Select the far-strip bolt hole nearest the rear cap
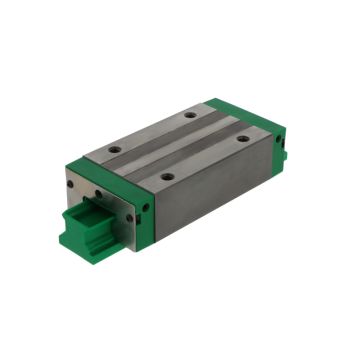tap(190, 115)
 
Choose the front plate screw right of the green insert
tap(129, 214)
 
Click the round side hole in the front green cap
tap(146, 208)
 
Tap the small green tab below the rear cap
tap(284, 156)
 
